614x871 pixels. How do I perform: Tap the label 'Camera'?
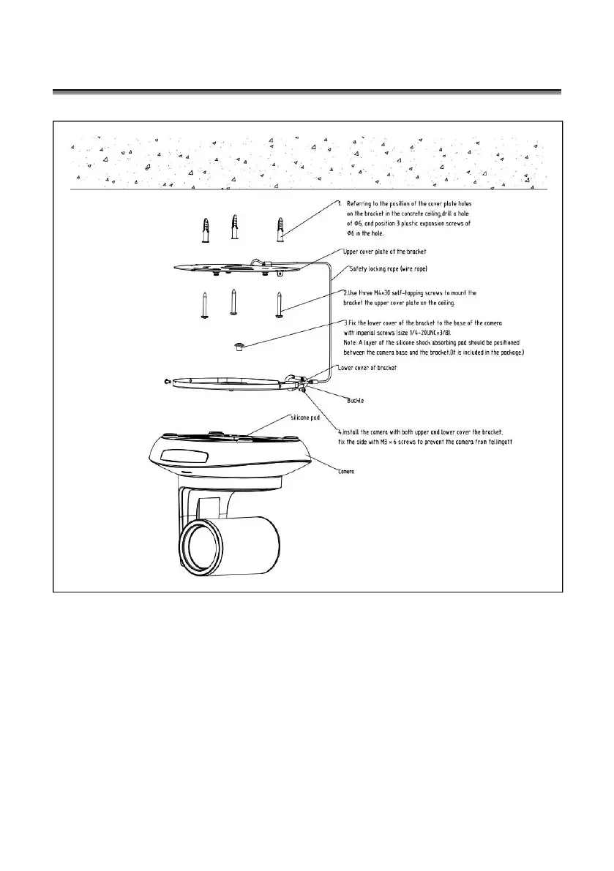click(x=346, y=472)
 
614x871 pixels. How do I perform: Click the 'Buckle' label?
click(x=356, y=401)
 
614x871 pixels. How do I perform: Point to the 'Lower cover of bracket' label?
click(x=367, y=368)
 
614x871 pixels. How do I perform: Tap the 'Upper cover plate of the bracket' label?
click(x=384, y=252)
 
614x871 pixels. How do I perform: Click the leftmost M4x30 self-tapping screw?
click(x=203, y=304)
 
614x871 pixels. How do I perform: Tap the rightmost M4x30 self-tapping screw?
click(x=280, y=304)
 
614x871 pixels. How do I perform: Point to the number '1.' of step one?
click(x=340, y=202)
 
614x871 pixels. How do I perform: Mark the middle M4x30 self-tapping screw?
click(x=233, y=300)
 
